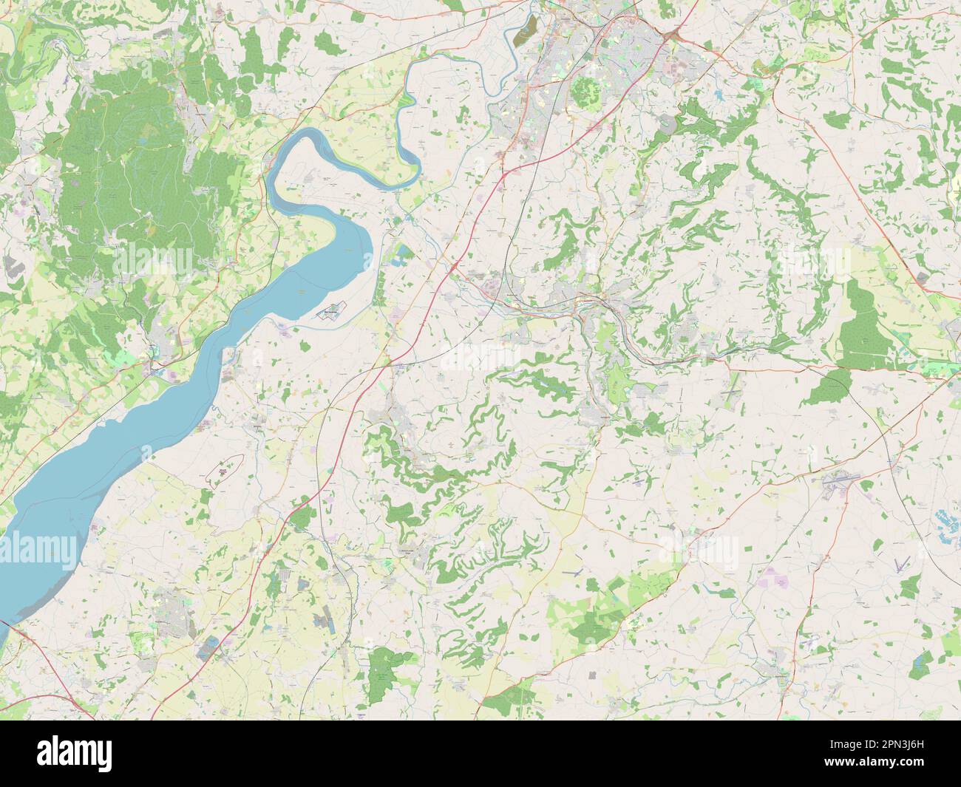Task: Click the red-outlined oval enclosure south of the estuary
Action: click(227, 471)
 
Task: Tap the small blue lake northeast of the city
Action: click(719, 94)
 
